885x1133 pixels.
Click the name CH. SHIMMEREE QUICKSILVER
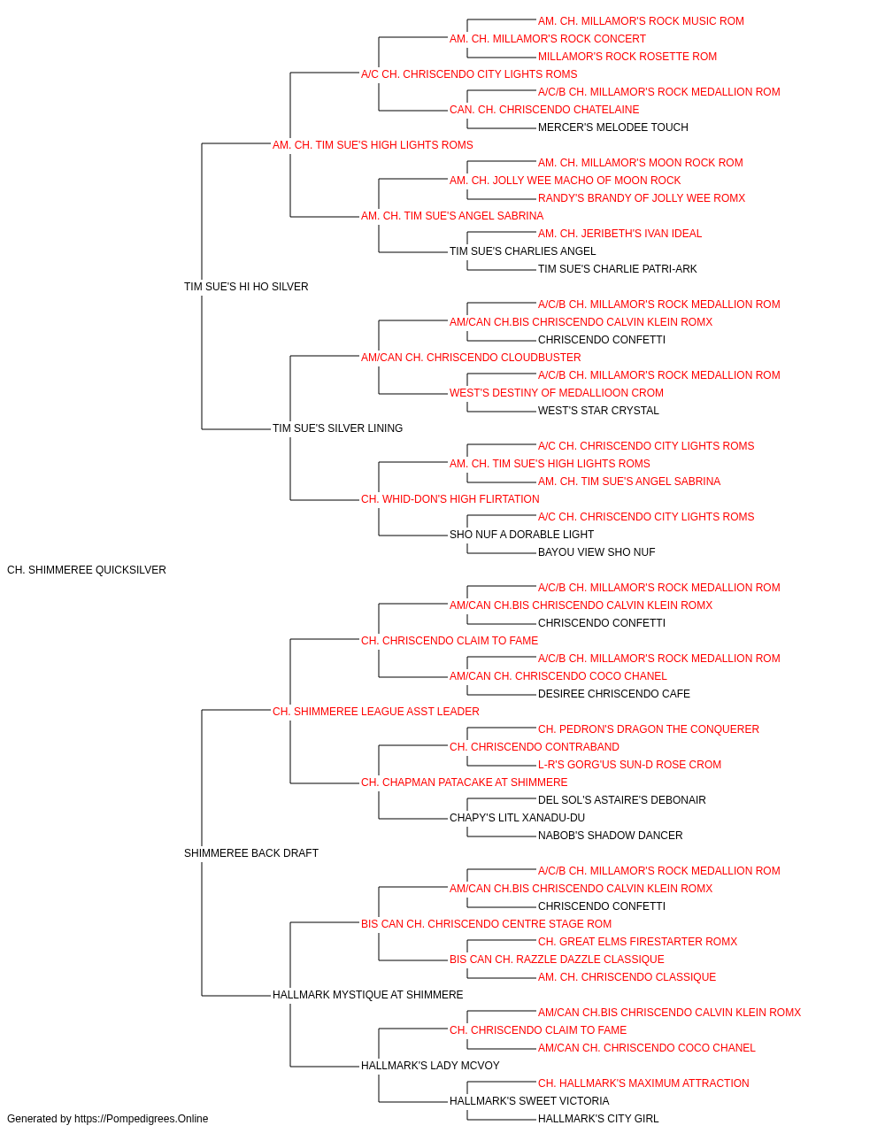click(x=87, y=570)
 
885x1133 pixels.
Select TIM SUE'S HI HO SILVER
click(x=246, y=286)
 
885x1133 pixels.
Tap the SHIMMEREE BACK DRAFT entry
click(x=251, y=853)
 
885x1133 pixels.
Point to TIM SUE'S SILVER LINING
click(x=338, y=428)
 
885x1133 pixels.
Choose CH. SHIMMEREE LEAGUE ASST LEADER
click(x=376, y=711)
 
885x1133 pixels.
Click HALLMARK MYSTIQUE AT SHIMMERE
click(x=368, y=995)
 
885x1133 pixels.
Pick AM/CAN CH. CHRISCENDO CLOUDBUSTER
click(x=471, y=357)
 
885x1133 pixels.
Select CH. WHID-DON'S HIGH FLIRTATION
click(x=450, y=499)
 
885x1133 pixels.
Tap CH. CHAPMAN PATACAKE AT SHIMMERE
click(x=465, y=782)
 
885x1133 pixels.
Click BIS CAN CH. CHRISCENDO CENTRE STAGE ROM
click(x=486, y=924)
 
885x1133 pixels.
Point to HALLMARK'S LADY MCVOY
click(x=430, y=1066)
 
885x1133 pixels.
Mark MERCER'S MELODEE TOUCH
click(x=613, y=127)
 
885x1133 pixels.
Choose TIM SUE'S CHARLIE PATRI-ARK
click(x=618, y=268)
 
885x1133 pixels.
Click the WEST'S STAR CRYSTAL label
click(x=598, y=411)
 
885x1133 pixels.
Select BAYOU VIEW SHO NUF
click(x=596, y=552)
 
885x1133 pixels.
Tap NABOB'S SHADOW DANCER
click(x=611, y=836)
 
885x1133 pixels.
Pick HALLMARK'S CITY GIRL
click(x=598, y=1119)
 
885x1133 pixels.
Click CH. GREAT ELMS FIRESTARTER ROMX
click(x=638, y=942)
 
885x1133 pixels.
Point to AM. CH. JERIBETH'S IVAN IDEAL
click(x=620, y=233)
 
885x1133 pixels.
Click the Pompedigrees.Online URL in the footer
click(x=142, y=1119)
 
